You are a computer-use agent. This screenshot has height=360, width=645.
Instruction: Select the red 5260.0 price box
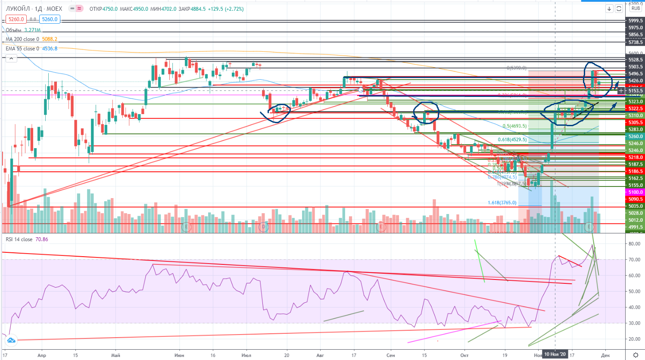(x=16, y=19)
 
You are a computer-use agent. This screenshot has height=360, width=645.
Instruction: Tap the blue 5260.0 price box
(x=50, y=19)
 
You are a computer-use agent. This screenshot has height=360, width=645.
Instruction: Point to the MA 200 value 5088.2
(x=50, y=39)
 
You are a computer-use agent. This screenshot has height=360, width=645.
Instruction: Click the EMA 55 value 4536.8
(x=50, y=49)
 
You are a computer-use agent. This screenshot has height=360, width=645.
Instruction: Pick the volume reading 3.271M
(x=33, y=30)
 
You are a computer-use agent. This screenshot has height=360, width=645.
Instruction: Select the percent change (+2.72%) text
(x=233, y=9)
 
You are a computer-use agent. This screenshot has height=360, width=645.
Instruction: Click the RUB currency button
(x=636, y=8)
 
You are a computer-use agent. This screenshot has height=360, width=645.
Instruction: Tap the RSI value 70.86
(x=42, y=239)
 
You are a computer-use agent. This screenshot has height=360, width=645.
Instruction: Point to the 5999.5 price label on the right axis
(x=636, y=21)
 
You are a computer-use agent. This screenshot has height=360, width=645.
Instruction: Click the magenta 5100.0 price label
(x=636, y=192)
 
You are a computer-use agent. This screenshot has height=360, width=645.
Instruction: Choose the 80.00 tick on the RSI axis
(x=634, y=244)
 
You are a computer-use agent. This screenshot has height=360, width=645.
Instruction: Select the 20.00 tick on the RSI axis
(x=634, y=339)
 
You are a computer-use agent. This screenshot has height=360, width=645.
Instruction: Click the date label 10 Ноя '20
(x=555, y=354)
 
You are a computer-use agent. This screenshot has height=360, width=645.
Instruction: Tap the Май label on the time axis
(x=115, y=355)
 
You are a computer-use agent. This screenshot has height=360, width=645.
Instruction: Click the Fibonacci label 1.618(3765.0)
(x=502, y=202)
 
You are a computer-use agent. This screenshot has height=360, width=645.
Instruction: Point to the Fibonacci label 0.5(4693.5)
(x=514, y=126)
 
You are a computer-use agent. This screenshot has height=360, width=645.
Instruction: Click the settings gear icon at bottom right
(x=636, y=355)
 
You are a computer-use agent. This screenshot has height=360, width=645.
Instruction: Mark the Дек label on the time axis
(x=605, y=355)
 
